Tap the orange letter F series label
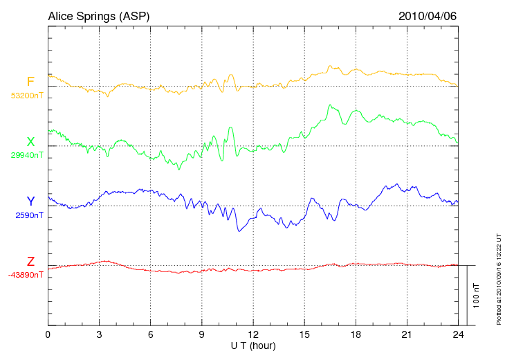30,82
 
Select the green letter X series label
30,142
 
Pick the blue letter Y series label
30,201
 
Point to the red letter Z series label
30,261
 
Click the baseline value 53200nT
27,96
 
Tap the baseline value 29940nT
27,156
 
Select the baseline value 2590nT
30,215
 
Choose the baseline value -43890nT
26,275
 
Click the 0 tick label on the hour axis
48,334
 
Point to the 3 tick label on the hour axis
99,334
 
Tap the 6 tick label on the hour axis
150,334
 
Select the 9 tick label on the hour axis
201,334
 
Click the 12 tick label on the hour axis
253,334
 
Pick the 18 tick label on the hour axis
356,334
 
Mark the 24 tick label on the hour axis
458,334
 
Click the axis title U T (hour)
253,345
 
